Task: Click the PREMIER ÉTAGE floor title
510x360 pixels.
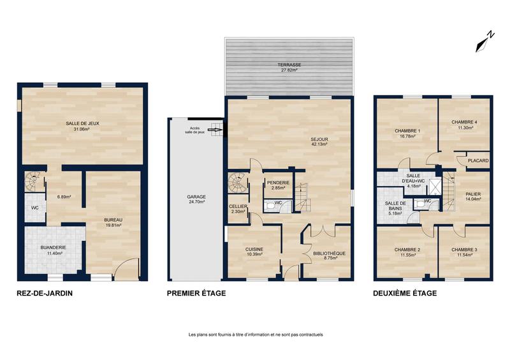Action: (196, 294)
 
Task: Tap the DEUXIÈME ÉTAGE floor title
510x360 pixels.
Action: (405, 294)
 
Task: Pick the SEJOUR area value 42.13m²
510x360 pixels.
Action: (319, 145)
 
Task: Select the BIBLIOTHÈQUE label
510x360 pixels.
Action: (329, 253)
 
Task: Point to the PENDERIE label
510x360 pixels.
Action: (278, 184)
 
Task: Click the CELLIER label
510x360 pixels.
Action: (238, 206)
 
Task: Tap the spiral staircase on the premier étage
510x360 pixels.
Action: (238, 184)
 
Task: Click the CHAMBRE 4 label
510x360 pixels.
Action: (464, 122)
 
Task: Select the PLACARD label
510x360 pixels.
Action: (477, 161)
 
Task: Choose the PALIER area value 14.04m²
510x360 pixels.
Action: (472, 199)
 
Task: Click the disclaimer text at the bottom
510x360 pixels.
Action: (256, 335)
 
